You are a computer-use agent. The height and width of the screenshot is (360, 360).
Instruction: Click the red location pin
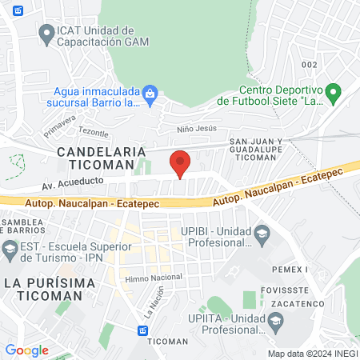click(x=181, y=162)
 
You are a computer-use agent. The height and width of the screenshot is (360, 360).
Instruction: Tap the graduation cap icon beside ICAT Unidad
click(x=45, y=34)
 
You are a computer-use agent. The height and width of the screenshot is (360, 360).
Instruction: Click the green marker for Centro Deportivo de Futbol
click(x=334, y=93)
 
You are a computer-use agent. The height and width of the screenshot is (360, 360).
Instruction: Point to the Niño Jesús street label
click(x=196, y=128)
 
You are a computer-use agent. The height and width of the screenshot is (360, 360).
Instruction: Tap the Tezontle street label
click(x=93, y=133)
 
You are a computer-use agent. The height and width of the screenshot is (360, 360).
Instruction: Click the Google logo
click(x=26, y=350)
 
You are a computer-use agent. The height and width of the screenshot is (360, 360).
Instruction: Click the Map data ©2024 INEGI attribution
click(x=311, y=354)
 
